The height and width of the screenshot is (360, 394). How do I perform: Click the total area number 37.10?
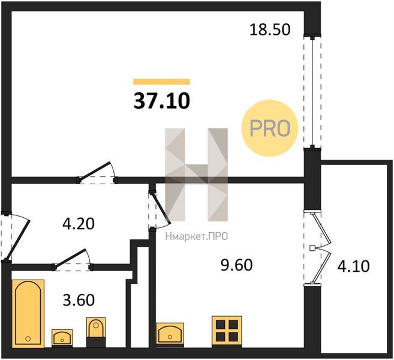162,101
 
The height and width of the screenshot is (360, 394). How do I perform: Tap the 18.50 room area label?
270,29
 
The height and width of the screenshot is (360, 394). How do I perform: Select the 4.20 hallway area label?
79,224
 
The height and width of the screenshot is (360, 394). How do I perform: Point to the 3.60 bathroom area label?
79,300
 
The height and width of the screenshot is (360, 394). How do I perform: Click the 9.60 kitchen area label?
236,265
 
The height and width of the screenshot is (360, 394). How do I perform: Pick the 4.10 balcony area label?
354,266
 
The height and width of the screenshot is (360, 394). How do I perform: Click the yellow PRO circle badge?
270,128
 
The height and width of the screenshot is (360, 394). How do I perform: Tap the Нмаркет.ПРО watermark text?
197,236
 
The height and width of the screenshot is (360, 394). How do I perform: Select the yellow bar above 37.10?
161,82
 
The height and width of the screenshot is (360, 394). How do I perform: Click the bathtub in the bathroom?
28,313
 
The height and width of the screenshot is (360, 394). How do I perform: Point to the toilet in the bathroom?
96,332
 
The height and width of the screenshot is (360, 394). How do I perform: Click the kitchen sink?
170,334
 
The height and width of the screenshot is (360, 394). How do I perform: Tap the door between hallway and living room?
97,172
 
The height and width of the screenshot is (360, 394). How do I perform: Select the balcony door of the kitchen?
317,248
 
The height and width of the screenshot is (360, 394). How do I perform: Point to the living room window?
312,92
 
